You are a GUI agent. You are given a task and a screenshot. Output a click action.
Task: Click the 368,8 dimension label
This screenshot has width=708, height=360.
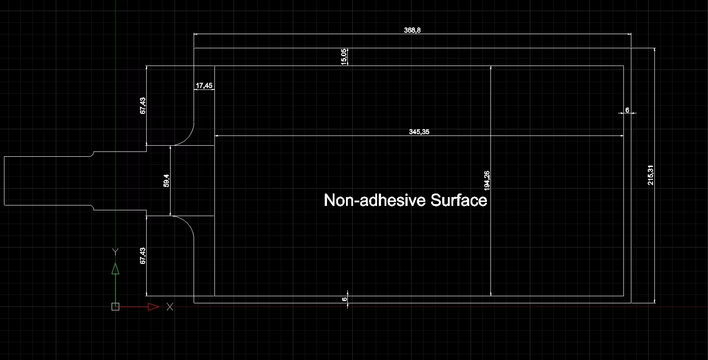pyautogui.click(x=412, y=30)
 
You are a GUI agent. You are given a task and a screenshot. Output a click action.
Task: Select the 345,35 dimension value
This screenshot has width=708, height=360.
pyautogui.click(x=419, y=132)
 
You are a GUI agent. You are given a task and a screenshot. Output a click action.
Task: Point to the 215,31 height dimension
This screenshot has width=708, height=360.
pyautogui.click(x=650, y=175)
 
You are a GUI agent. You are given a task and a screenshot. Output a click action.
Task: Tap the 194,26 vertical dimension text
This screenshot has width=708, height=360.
pyautogui.click(x=487, y=181)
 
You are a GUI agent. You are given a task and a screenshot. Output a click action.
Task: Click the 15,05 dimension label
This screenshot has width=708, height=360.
pyautogui.click(x=343, y=57)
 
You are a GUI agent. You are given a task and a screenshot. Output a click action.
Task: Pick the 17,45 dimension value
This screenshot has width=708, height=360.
pyautogui.click(x=204, y=85)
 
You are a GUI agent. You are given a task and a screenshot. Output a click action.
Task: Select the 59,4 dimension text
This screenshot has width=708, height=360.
pyautogui.click(x=166, y=181)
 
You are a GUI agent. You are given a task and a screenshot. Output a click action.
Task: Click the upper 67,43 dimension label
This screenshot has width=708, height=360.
pyautogui.click(x=143, y=105)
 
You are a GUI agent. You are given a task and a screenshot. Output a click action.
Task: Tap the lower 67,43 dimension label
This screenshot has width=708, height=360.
pyautogui.click(x=143, y=256)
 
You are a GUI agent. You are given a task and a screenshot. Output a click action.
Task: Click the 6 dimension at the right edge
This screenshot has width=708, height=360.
pyautogui.click(x=627, y=110)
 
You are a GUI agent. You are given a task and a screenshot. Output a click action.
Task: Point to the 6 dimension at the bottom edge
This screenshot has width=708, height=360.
pyautogui.click(x=344, y=299)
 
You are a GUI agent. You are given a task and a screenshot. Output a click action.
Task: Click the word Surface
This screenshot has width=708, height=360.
pyautogui.click(x=459, y=200)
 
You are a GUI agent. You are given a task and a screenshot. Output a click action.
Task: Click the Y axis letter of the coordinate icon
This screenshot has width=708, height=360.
pyautogui.click(x=115, y=252)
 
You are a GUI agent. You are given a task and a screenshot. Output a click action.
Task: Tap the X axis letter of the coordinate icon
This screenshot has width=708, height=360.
pyautogui.click(x=170, y=306)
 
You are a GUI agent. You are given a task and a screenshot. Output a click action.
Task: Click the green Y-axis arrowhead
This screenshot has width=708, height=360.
pyautogui.click(x=115, y=269)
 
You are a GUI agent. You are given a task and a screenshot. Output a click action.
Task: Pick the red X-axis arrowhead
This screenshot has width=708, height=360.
pyautogui.click(x=154, y=306)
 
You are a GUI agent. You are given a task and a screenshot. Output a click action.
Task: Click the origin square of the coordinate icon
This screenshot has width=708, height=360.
pyautogui.click(x=115, y=306)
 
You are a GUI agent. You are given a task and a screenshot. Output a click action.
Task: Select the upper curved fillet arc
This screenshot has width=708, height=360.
pyautogui.click(x=188, y=137)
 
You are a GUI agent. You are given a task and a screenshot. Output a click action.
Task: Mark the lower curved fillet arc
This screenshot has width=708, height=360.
pyautogui.click(x=188, y=224)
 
